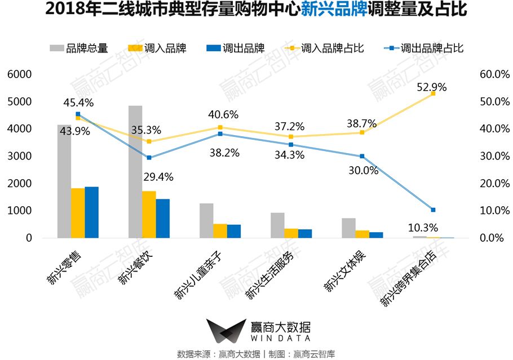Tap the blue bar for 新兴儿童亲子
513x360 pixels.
tap(234, 231)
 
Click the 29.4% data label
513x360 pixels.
tap(158, 177)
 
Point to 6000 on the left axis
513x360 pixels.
tap(20, 74)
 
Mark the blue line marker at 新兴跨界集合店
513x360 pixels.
tap(433, 210)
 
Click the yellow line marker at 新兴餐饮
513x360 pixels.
tap(149, 141)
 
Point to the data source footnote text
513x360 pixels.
tap(256, 354)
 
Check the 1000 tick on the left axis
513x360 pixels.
tap(20, 211)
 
